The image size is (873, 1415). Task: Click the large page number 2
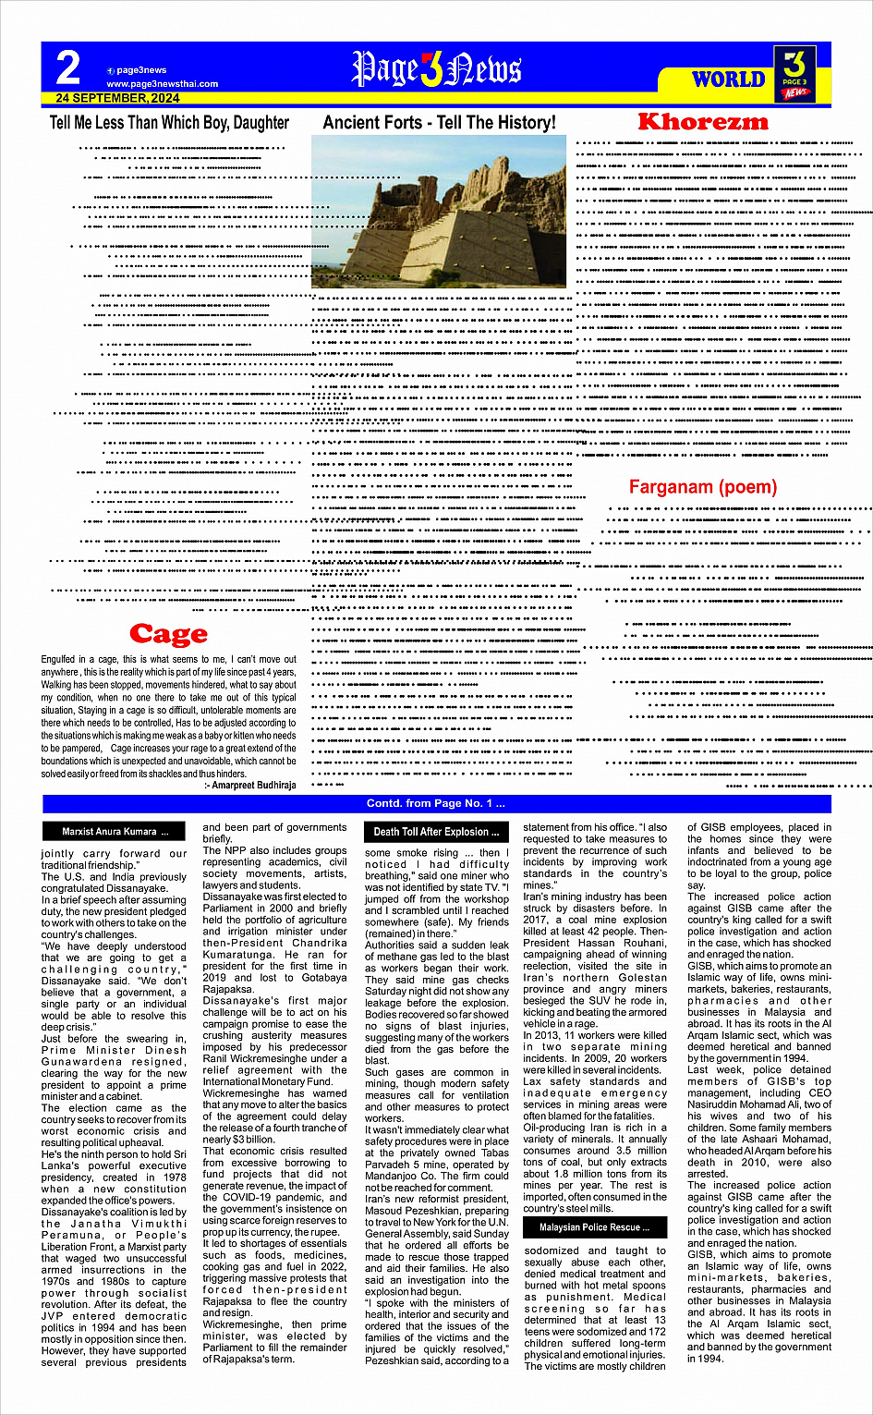click(x=68, y=68)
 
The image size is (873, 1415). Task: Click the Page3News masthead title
click(x=436, y=69)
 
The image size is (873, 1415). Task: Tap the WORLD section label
click(x=729, y=79)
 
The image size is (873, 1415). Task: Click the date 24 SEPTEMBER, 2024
click(x=117, y=98)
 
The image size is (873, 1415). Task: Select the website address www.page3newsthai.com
click(x=162, y=84)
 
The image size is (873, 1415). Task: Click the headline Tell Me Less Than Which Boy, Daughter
click(x=169, y=123)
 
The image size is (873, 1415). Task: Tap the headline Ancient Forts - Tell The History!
click(x=439, y=123)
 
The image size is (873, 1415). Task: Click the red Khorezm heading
click(x=702, y=122)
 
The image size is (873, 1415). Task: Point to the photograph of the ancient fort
click(x=439, y=212)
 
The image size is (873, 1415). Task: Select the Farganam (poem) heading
click(x=702, y=487)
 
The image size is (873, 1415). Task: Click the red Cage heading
click(x=168, y=634)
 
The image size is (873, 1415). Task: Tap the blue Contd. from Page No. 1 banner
click(x=436, y=804)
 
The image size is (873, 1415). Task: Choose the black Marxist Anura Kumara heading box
click(x=115, y=832)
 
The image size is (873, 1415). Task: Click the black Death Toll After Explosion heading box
click(x=436, y=832)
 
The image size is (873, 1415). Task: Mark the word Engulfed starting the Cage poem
click(x=57, y=660)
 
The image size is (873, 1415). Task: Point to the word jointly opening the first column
click(x=57, y=854)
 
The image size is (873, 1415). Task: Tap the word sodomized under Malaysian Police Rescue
click(x=552, y=1250)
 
